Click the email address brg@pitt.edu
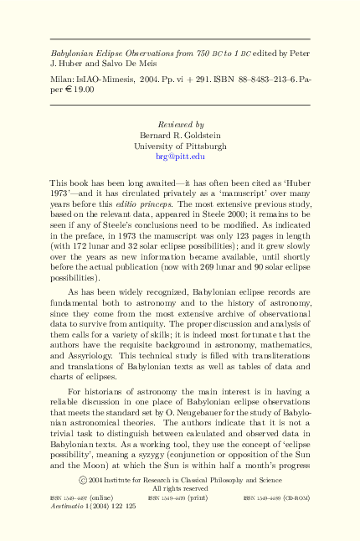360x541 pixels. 180,156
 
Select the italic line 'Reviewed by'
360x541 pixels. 180,125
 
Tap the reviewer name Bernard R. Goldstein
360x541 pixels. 180,136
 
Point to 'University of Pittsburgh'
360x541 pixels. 180,146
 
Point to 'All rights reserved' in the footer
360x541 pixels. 180,488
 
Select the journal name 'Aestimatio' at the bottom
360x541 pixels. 67,508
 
